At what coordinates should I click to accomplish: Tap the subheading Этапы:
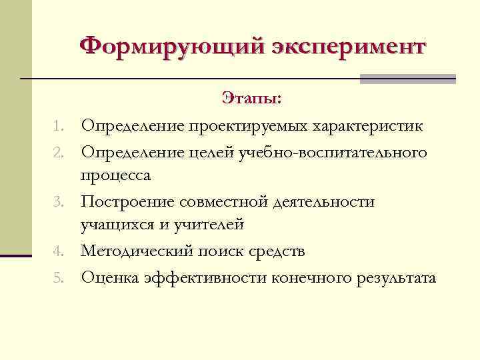[252, 99]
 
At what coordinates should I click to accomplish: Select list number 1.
[59, 125]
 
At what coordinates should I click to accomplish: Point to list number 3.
[59, 201]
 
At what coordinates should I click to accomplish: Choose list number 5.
[59, 277]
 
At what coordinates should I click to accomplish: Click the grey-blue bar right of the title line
[407, 79]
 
